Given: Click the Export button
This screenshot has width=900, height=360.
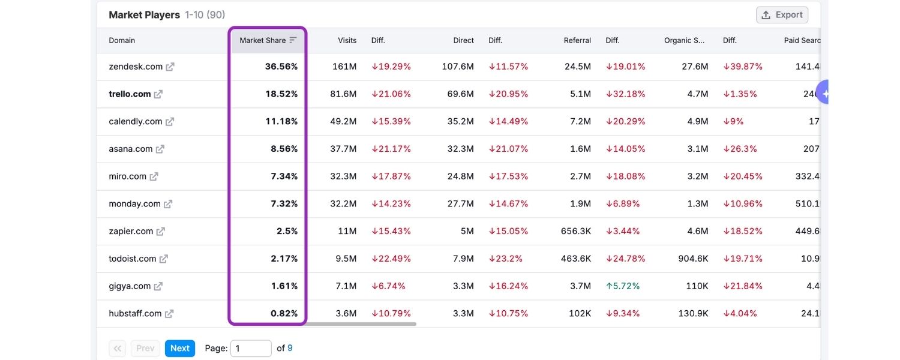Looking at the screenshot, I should pyautogui.click(x=782, y=15).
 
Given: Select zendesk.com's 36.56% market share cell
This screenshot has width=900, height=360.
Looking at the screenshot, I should pyautogui.click(x=281, y=67).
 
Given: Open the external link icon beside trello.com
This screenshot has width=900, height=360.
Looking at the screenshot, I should pyautogui.click(x=158, y=94).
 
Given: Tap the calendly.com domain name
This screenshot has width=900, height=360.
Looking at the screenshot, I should pyautogui.click(x=135, y=121).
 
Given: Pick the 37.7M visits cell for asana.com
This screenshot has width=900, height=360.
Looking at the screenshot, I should pyautogui.click(x=344, y=149).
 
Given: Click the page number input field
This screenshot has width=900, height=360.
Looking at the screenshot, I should pyautogui.click(x=251, y=348).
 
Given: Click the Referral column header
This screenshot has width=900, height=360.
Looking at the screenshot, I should pyautogui.click(x=577, y=40).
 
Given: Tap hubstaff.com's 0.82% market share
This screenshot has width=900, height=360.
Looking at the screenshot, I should pyautogui.click(x=284, y=313).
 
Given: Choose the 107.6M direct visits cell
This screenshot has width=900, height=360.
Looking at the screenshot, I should pyautogui.click(x=458, y=67).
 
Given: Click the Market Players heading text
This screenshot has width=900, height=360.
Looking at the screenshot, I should pyautogui.click(x=144, y=15).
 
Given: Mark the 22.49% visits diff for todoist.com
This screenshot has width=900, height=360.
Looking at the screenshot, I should pyautogui.click(x=391, y=259).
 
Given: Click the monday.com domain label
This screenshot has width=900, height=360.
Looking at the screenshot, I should pyautogui.click(x=134, y=204).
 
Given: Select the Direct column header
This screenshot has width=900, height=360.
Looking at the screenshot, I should pyautogui.click(x=463, y=40).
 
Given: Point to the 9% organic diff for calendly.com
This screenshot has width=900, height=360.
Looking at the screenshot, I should pyautogui.click(x=733, y=121).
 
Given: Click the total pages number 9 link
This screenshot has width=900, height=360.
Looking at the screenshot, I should pyautogui.click(x=290, y=348).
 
